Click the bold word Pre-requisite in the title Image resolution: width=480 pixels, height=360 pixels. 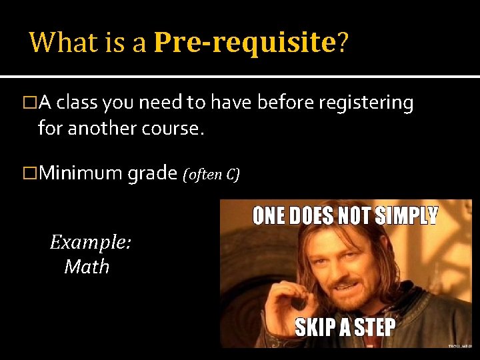[244, 43]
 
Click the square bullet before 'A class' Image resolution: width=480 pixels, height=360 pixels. [29, 103]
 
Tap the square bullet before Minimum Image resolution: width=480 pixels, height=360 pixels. [29, 174]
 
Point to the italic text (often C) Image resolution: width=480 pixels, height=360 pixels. [211, 175]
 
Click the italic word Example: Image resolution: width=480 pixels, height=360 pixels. [91, 242]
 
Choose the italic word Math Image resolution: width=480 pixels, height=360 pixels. [87, 267]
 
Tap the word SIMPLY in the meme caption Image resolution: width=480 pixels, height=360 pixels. [407, 216]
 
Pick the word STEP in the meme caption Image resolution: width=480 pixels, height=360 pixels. [373, 328]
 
